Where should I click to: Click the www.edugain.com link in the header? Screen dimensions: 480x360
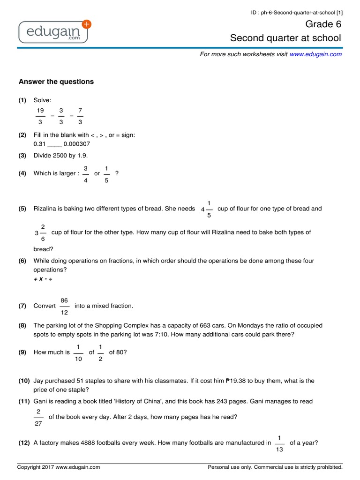click(315, 54)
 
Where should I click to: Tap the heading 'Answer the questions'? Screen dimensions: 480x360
click(56, 82)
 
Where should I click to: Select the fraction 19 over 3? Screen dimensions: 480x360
click(40, 115)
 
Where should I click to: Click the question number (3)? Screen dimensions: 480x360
click(22, 155)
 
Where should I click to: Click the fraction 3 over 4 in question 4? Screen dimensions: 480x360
click(85, 173)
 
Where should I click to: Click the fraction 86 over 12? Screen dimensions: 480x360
click(65, 306)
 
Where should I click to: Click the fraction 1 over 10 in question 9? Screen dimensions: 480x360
click(78, 352)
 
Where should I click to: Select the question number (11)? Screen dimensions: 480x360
click(24, 401)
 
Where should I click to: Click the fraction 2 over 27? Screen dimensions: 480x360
click(38, 417)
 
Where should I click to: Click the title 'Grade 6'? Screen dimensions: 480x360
click(323, 24)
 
